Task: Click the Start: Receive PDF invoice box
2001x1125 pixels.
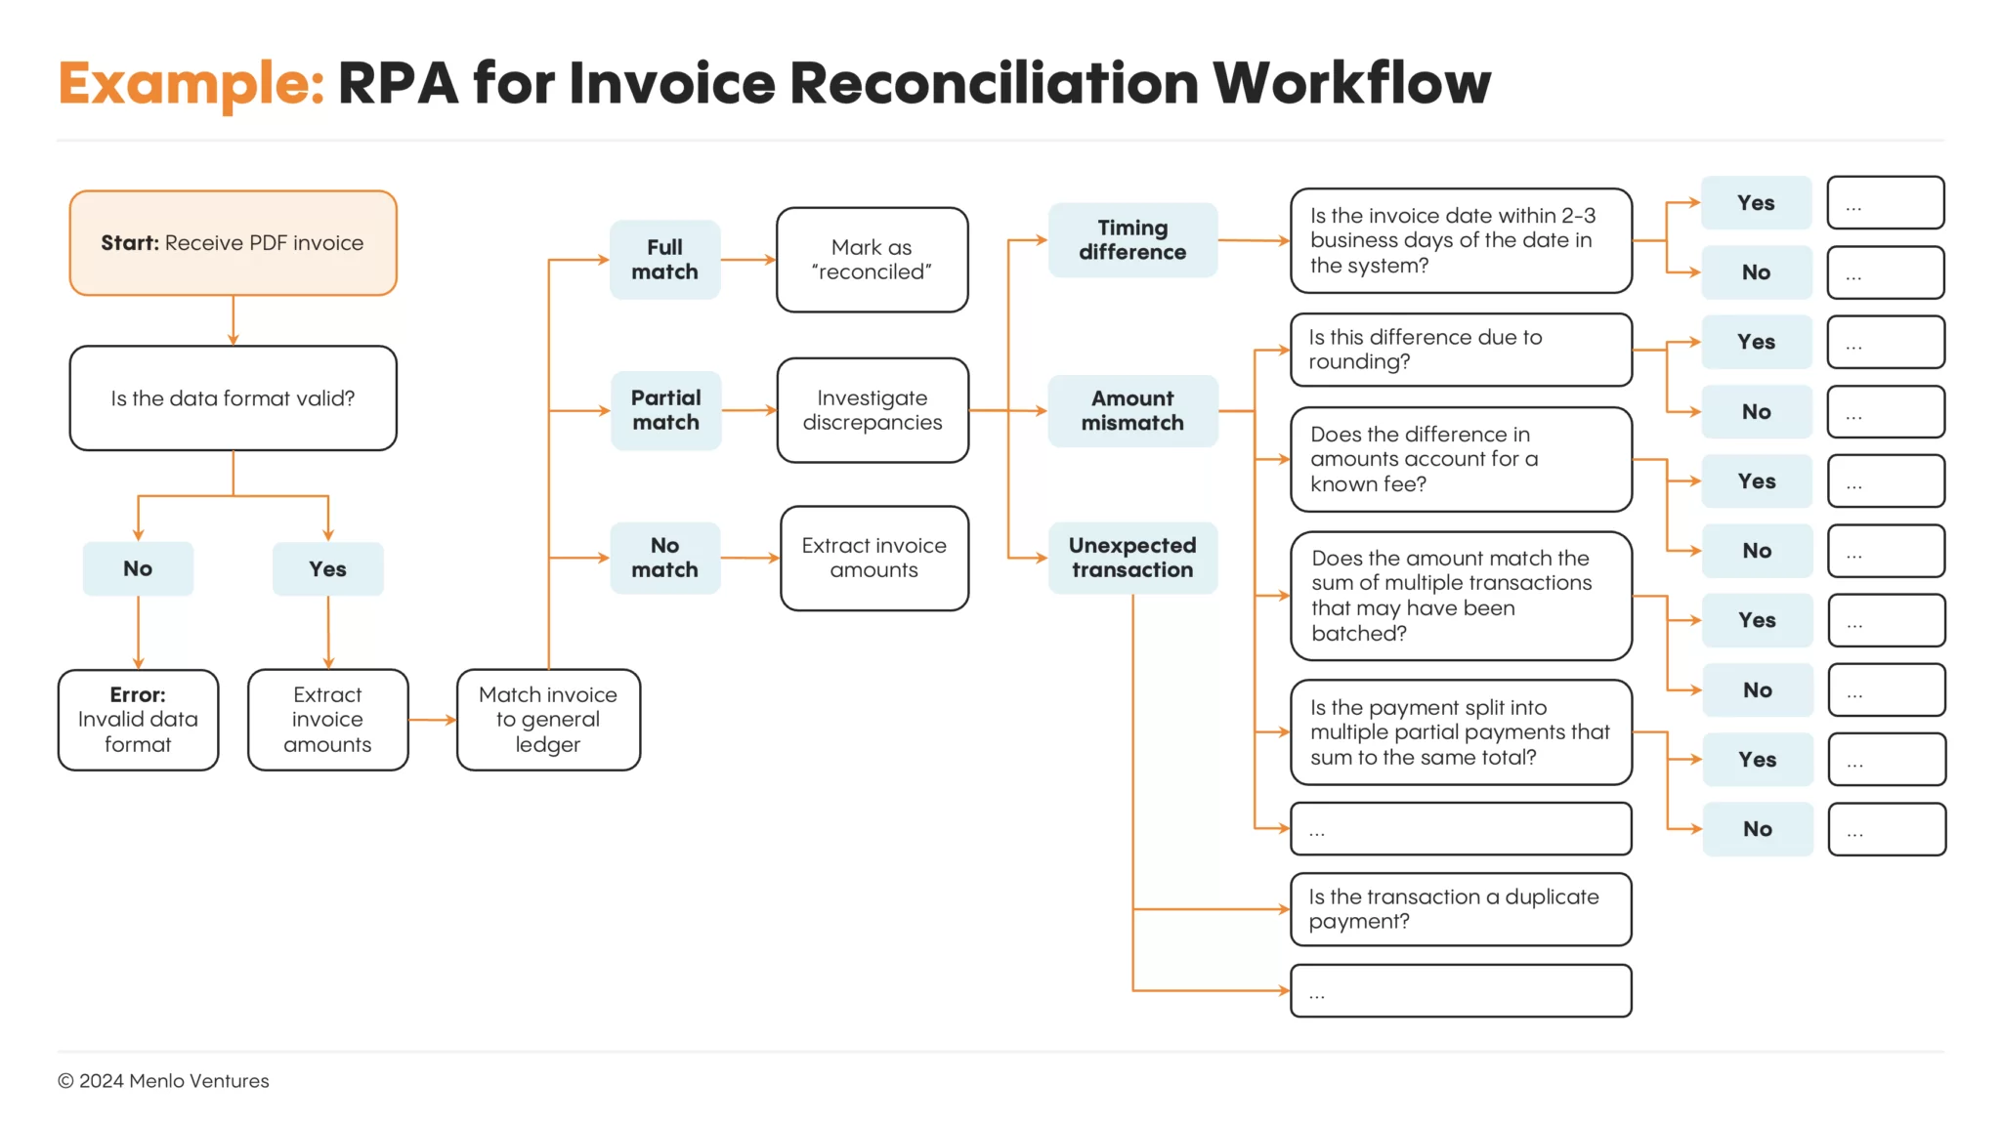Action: (233, 243)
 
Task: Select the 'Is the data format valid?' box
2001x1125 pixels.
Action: (233, 398)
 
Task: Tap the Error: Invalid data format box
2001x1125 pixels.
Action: (138, 720)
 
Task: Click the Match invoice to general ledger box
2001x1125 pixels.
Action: (548, 720)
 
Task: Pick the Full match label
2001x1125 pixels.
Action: (664, 260)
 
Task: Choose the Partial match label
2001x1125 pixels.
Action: (665, 410)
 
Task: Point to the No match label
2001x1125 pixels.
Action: (664, 558)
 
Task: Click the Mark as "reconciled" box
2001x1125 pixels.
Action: (872, 260)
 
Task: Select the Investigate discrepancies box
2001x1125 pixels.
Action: (873, 410)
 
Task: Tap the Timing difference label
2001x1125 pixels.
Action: (1132, 240)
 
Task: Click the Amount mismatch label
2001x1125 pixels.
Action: (1132, 411)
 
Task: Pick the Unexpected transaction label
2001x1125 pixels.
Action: (1132, 558)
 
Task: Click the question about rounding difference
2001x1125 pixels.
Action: (1460, 350)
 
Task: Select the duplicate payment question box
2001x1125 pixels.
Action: (1460, 909)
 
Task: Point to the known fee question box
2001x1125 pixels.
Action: (1460, 459)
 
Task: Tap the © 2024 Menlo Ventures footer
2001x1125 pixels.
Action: (163, 1081)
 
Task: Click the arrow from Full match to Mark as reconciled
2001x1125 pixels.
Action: (748, 260)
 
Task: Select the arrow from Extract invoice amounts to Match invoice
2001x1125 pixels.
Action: (432, 720)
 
